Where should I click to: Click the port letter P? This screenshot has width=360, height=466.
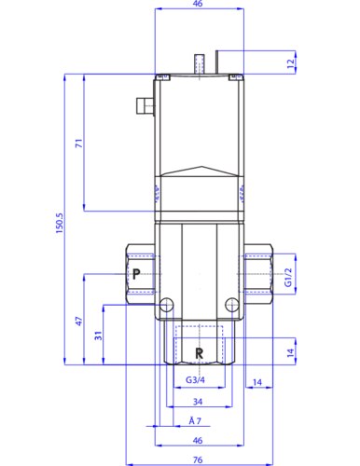point(136,274)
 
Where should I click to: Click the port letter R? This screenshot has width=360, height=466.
point(200,353)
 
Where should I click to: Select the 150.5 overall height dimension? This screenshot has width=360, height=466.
point(60,223)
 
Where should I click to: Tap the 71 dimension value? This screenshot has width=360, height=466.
point(79,144)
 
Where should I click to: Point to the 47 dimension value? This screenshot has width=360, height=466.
point(79,322)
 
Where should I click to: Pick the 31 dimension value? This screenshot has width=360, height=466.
point(98,336)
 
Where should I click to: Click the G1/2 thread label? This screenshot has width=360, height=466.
point(288,278)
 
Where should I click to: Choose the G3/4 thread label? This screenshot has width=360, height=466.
point(195,379)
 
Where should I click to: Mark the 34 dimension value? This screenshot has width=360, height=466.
point(198,402)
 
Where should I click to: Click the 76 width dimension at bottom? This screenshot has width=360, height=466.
point(198,459)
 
